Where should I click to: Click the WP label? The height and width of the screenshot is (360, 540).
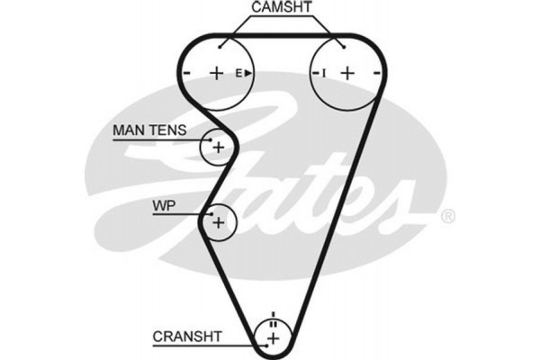coord(164,206)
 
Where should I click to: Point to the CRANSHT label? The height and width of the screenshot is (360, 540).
coord(186,338)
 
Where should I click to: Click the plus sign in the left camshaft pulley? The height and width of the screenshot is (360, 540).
coord(216,72)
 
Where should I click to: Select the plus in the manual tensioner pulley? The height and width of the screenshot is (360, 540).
coord(218,146)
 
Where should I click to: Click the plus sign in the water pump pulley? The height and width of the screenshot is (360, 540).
coord(218,221)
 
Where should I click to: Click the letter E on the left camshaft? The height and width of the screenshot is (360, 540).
coord(240,73)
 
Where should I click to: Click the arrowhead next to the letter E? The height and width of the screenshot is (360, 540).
coord(249,73)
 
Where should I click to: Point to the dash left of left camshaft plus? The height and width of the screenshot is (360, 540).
coord(187,73)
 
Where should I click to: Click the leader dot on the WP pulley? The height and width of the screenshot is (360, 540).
coord(209,213)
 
